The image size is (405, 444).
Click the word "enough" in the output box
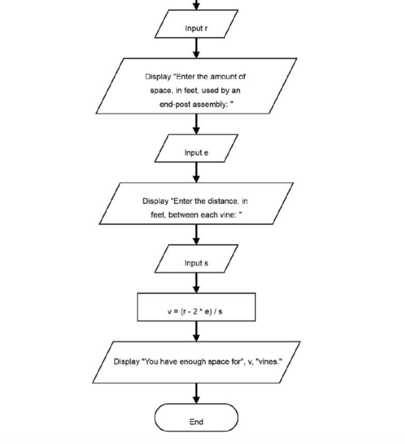(x=191, y=362)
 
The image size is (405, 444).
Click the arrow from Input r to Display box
(x=196, y=48)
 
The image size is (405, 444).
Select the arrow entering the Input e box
(x=196, y=124)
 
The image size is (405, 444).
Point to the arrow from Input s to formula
(x=196, y=283)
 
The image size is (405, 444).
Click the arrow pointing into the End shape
(x=196, y=393)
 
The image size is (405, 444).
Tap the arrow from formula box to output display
(x=196, y=331)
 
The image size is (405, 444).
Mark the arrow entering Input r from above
(x=196, y=5)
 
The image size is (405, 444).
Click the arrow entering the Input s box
(x=196, y=235)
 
